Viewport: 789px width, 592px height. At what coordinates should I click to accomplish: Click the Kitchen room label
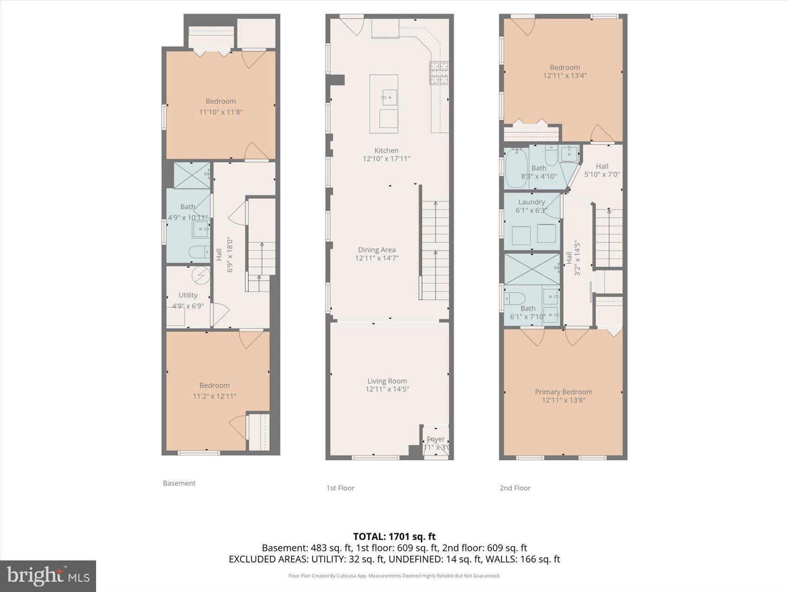pyautogui.click(x=386, y=150)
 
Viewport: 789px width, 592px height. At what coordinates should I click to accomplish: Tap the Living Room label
pyautogui.click(x=387, y=381)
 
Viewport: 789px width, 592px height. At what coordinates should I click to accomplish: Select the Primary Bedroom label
pyautogui.click(x=563, y=392)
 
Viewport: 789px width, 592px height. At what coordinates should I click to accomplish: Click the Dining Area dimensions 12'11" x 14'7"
pyautogui.click(x=377, y=258)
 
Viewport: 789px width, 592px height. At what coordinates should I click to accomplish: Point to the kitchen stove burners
pyautogui.click(x=439, y=73)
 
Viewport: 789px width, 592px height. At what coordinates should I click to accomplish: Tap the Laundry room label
pyautogui.click(x=531, y=202)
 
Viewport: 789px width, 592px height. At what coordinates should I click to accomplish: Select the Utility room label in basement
pyautogui.click(x=188, y=295)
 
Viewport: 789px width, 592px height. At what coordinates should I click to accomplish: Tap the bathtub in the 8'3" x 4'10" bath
pyautogui.click(x=516, y=168)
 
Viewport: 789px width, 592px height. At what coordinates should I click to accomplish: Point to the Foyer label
pyautogui.click(x=435, y=439)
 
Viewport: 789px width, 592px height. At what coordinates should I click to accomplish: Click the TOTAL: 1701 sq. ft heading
pyautogui.click(x=394, y=537)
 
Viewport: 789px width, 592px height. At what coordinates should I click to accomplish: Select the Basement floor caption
pyautogui.click(x=179, y=483)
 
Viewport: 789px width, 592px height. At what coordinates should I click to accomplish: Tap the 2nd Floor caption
pyautogui.click(x=515, y=488)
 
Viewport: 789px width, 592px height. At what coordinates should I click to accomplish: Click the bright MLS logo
pyautogui.click(x=48, y=576)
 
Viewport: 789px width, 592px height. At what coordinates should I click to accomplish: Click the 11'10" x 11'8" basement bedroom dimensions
pyautogui.click(x=221, y=112)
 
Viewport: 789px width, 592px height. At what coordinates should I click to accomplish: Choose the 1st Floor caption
pyautogui.click(x=340, y=488)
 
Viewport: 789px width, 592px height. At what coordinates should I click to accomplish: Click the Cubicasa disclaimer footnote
pyautogui.click(x=394, y=576)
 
